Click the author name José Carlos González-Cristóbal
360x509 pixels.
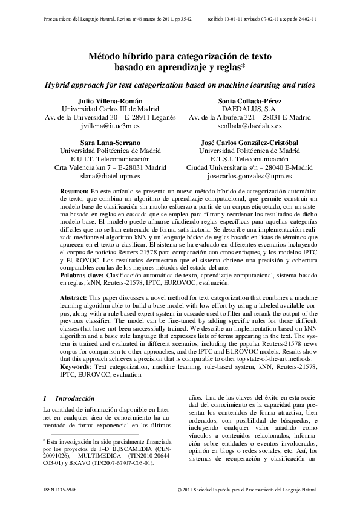249,142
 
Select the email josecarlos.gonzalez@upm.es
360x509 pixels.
249,176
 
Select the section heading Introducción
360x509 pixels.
75,399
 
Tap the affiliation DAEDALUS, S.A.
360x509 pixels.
249,109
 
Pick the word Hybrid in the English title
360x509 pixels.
59,84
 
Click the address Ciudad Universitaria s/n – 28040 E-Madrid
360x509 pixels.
249,167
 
